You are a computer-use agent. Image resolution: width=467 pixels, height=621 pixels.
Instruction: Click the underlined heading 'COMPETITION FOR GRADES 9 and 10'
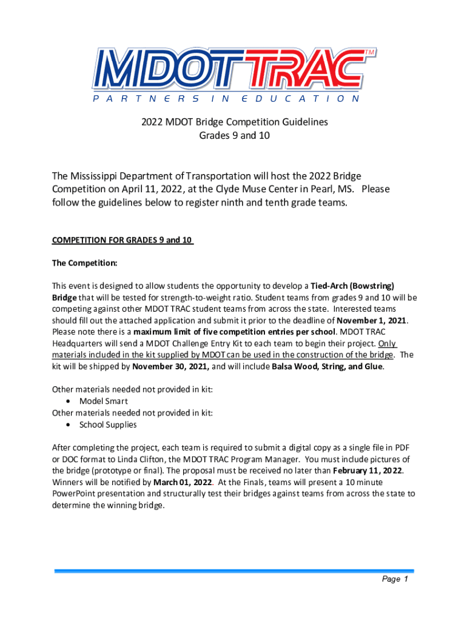pyautogui.click(x=123, y=240)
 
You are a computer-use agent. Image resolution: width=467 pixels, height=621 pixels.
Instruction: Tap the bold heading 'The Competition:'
pyautogui.click(x=84, y=263)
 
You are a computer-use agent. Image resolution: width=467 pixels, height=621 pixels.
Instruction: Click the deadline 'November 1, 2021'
pyautogui.click(x=372, y=321)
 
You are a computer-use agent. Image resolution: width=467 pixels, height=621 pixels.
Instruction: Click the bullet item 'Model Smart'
pyautogui.click(x=104, y=401)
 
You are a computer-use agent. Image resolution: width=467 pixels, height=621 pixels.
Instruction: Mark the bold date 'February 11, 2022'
pyautogui.click(x=367, y=471)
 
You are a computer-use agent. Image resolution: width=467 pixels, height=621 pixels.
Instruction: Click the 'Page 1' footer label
pyautogui.click(x=395, y=580)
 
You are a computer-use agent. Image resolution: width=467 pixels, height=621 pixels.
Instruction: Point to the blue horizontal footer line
pyautogui.click(x=234, y=571)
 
